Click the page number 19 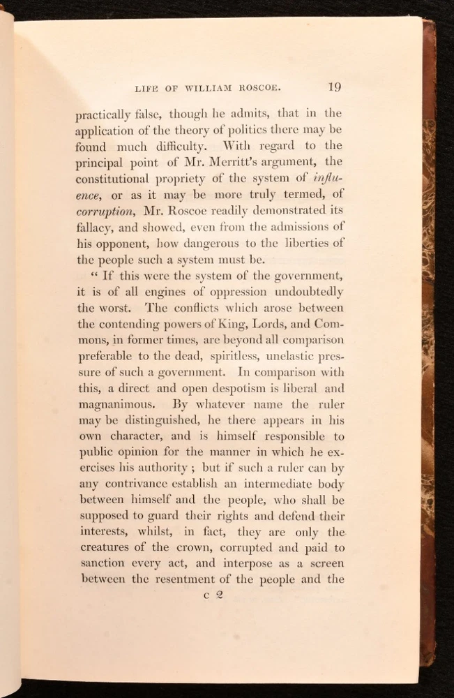coord(334,87)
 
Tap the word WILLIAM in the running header coord(209,88)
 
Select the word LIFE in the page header coord(142,88)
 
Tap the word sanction coord(103,563)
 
